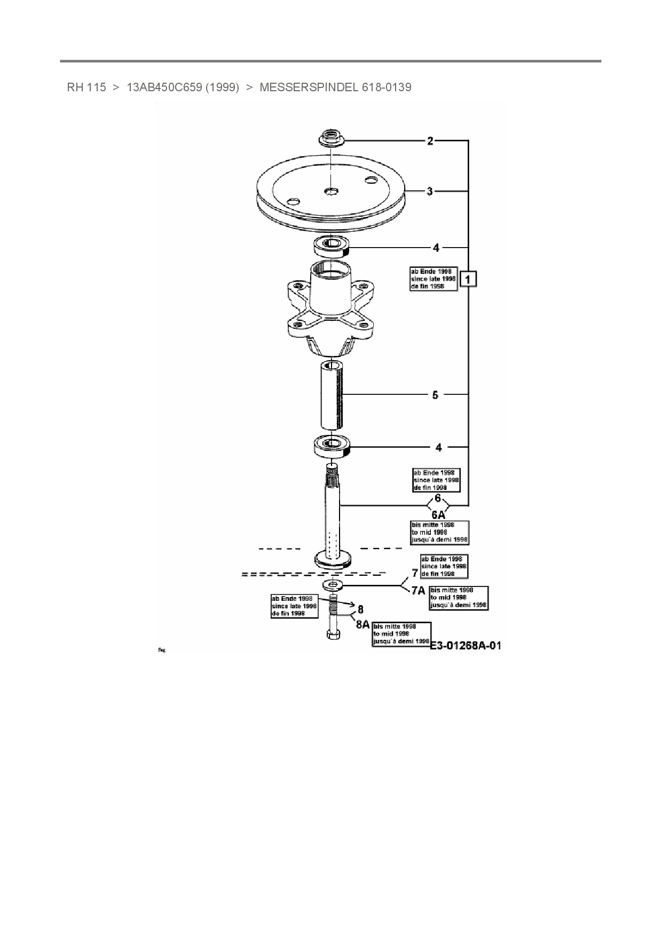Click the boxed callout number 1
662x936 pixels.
click(468, 279)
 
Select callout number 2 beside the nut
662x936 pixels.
click(430, 141)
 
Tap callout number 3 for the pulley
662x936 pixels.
click(430, 191)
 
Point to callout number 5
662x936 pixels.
click(435, 395)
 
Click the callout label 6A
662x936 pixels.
click(438, 515)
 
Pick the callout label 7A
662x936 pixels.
click(418, 591)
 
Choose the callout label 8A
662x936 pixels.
click(362, 624)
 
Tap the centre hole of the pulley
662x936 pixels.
click(331, 191)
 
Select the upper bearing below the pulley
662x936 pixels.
click(331, 246)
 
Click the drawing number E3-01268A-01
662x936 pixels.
click(465, 646)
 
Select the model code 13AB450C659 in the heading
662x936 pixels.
click(164, 88)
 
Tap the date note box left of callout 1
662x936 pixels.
click(433, 279)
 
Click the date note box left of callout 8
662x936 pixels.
click(294, 606)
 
